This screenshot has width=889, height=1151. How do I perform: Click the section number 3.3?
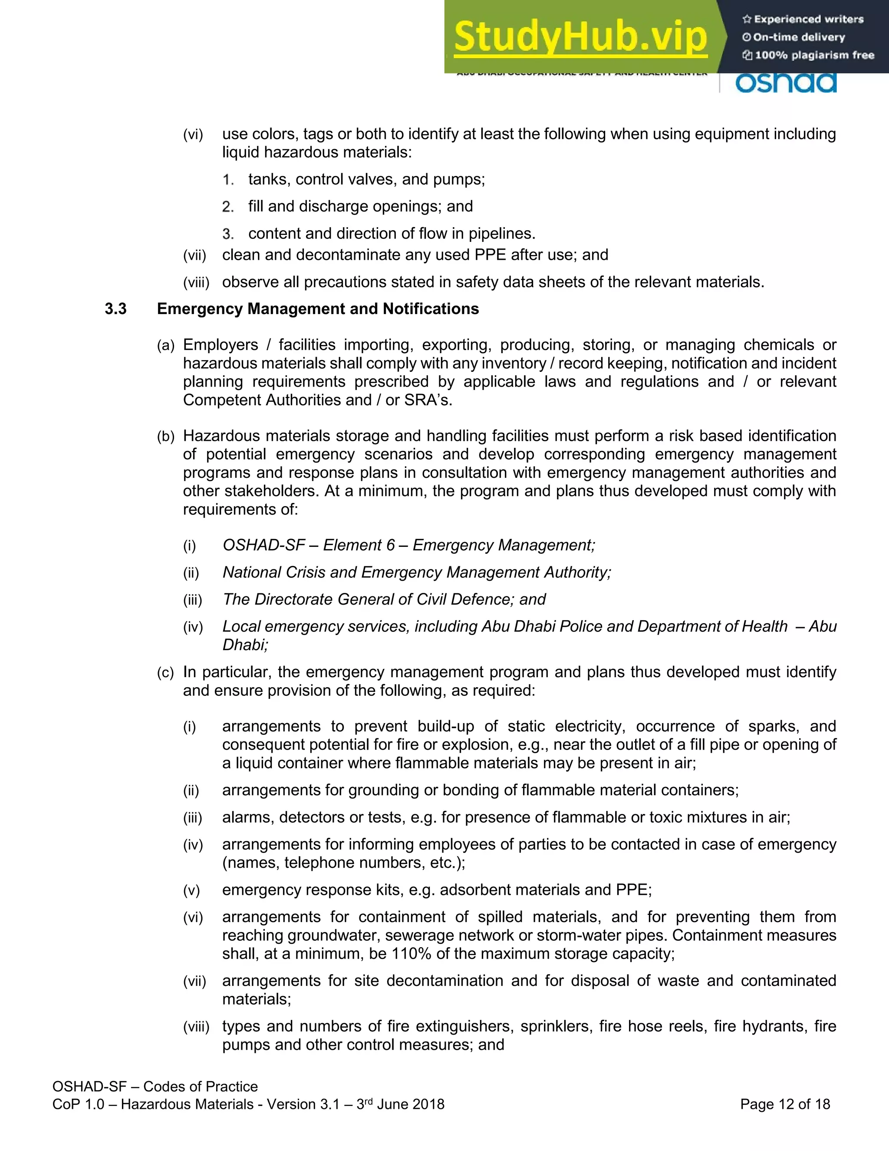tap(115, 309)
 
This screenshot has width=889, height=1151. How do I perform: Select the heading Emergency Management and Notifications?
tap(318, 309)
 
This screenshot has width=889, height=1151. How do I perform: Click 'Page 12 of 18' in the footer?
tap(785, 1104)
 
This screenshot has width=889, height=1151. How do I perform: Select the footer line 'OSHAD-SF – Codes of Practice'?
tap(155, 1086)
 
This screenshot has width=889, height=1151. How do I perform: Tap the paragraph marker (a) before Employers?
tap(165, 346)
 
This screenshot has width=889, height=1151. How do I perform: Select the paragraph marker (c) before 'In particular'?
tap(165, 673)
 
